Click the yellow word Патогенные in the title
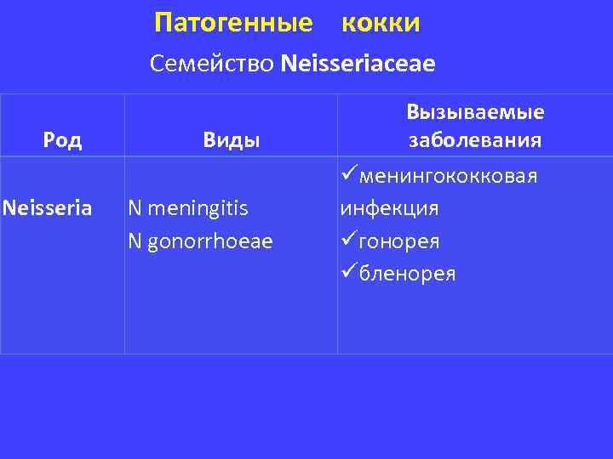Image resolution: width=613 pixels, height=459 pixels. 233,23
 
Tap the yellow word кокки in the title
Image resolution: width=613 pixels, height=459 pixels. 381,23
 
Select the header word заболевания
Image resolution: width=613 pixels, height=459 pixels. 475,140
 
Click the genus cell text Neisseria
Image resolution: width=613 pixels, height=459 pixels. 48,207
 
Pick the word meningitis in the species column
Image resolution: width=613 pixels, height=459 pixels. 198,207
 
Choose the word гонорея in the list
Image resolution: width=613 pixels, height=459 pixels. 399,241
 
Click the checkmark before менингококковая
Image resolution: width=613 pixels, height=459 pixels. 348,175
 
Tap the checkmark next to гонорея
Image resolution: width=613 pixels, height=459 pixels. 348,241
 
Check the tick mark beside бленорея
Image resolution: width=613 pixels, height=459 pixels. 348,273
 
